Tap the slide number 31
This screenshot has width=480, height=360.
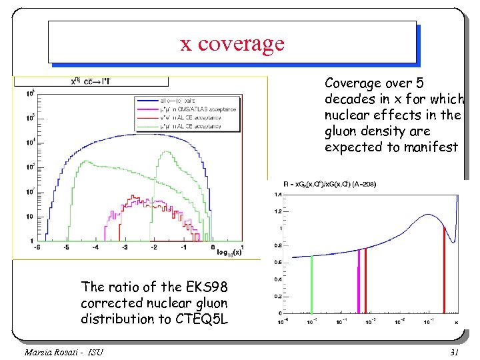click(456, 351)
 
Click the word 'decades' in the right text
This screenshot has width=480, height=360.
click(349, 99)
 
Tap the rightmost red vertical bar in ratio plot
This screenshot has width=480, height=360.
click(444, 270)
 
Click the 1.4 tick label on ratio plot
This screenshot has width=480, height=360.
click(277, 194)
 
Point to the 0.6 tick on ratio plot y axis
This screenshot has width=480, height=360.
click(277, 262)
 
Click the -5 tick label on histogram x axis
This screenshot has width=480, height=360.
click(66, 247)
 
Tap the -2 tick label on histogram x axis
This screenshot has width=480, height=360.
click(154, 247)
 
